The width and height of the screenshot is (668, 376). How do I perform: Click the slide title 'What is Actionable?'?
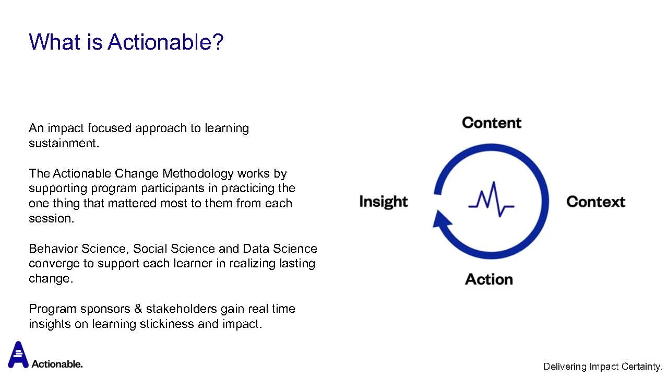126,42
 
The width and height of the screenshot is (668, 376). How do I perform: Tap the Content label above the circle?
492,123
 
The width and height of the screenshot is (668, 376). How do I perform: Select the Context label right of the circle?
596,202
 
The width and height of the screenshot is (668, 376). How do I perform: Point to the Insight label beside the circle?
384,202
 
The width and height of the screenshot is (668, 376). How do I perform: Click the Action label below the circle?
489,279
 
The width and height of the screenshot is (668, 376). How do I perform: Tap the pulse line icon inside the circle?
492,199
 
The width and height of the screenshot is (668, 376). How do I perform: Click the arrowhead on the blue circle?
442,219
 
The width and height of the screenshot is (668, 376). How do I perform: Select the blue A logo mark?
18,355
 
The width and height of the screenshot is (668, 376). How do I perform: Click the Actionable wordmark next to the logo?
57,364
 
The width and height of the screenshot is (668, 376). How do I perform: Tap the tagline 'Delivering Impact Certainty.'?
602,367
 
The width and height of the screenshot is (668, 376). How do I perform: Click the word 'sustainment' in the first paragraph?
62,143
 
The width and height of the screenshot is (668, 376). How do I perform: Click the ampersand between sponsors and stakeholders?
138,309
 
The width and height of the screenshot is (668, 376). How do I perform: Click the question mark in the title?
218,42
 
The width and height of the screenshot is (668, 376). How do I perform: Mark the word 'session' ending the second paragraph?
50,218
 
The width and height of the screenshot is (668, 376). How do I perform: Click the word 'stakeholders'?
181,309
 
